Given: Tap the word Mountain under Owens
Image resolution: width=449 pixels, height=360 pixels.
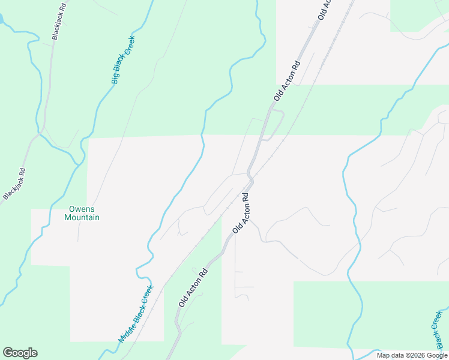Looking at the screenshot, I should pos(82,217).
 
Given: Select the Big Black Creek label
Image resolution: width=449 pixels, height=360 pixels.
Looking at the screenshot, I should pos(123,60).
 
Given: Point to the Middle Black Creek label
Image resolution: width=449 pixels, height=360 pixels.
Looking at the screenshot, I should pos(136,313).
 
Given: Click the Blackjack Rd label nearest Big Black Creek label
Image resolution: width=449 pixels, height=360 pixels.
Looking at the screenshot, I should pos(57,26).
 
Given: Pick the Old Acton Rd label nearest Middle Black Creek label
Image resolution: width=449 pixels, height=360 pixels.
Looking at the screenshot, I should pos(193,288).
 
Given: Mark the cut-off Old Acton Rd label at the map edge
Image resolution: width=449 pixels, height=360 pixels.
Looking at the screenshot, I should pos(324,9).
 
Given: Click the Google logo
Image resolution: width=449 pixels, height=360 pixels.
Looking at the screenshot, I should pos(20,353).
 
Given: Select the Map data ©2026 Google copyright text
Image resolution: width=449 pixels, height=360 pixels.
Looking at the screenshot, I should pos(412,355).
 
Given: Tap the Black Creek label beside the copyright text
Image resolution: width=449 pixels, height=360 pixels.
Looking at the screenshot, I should pos(439,331).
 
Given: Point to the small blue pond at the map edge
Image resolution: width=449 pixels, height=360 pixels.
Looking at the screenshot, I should pos(2,19).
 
